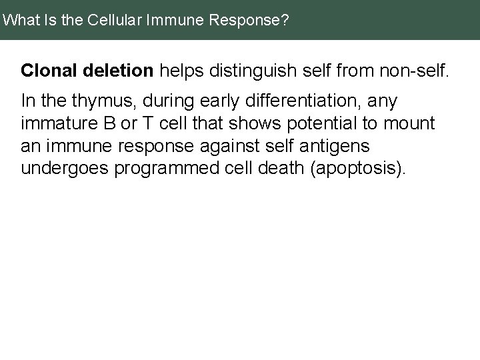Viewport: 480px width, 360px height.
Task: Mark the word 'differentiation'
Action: tap(280, 101)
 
